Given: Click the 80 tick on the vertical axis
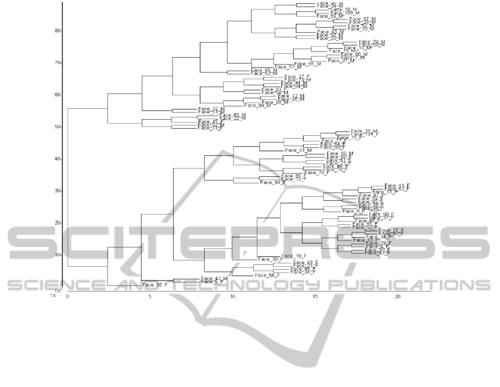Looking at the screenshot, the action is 57,30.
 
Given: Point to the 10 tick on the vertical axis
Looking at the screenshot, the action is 57,254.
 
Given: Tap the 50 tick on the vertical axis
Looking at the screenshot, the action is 57,127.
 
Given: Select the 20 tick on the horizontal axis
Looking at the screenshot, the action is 397,297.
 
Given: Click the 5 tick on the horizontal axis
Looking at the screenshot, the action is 150,297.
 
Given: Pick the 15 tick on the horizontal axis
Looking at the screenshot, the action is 315,297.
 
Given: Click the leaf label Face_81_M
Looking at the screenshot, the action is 298,151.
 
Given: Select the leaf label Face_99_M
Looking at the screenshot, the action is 257,105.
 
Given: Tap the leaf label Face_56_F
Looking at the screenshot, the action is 267,275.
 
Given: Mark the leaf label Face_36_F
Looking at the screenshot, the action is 155,285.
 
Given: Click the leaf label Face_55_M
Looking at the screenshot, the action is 307,64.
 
